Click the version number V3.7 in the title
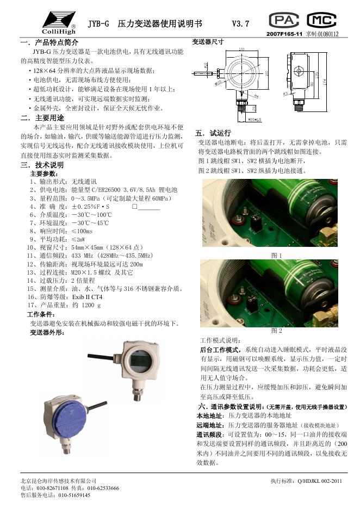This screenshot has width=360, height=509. pyautogui.click(x=240, y=24)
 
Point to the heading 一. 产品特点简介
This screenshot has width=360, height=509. pyautogui.click(x=49, y=42)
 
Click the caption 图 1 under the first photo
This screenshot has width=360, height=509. pyautogui.click(x=277, y=255)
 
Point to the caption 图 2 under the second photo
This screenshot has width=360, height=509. pyautogui.click(x=277, y=331)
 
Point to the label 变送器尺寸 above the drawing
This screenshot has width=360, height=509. pyautogui.click(x=209, y=42)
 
